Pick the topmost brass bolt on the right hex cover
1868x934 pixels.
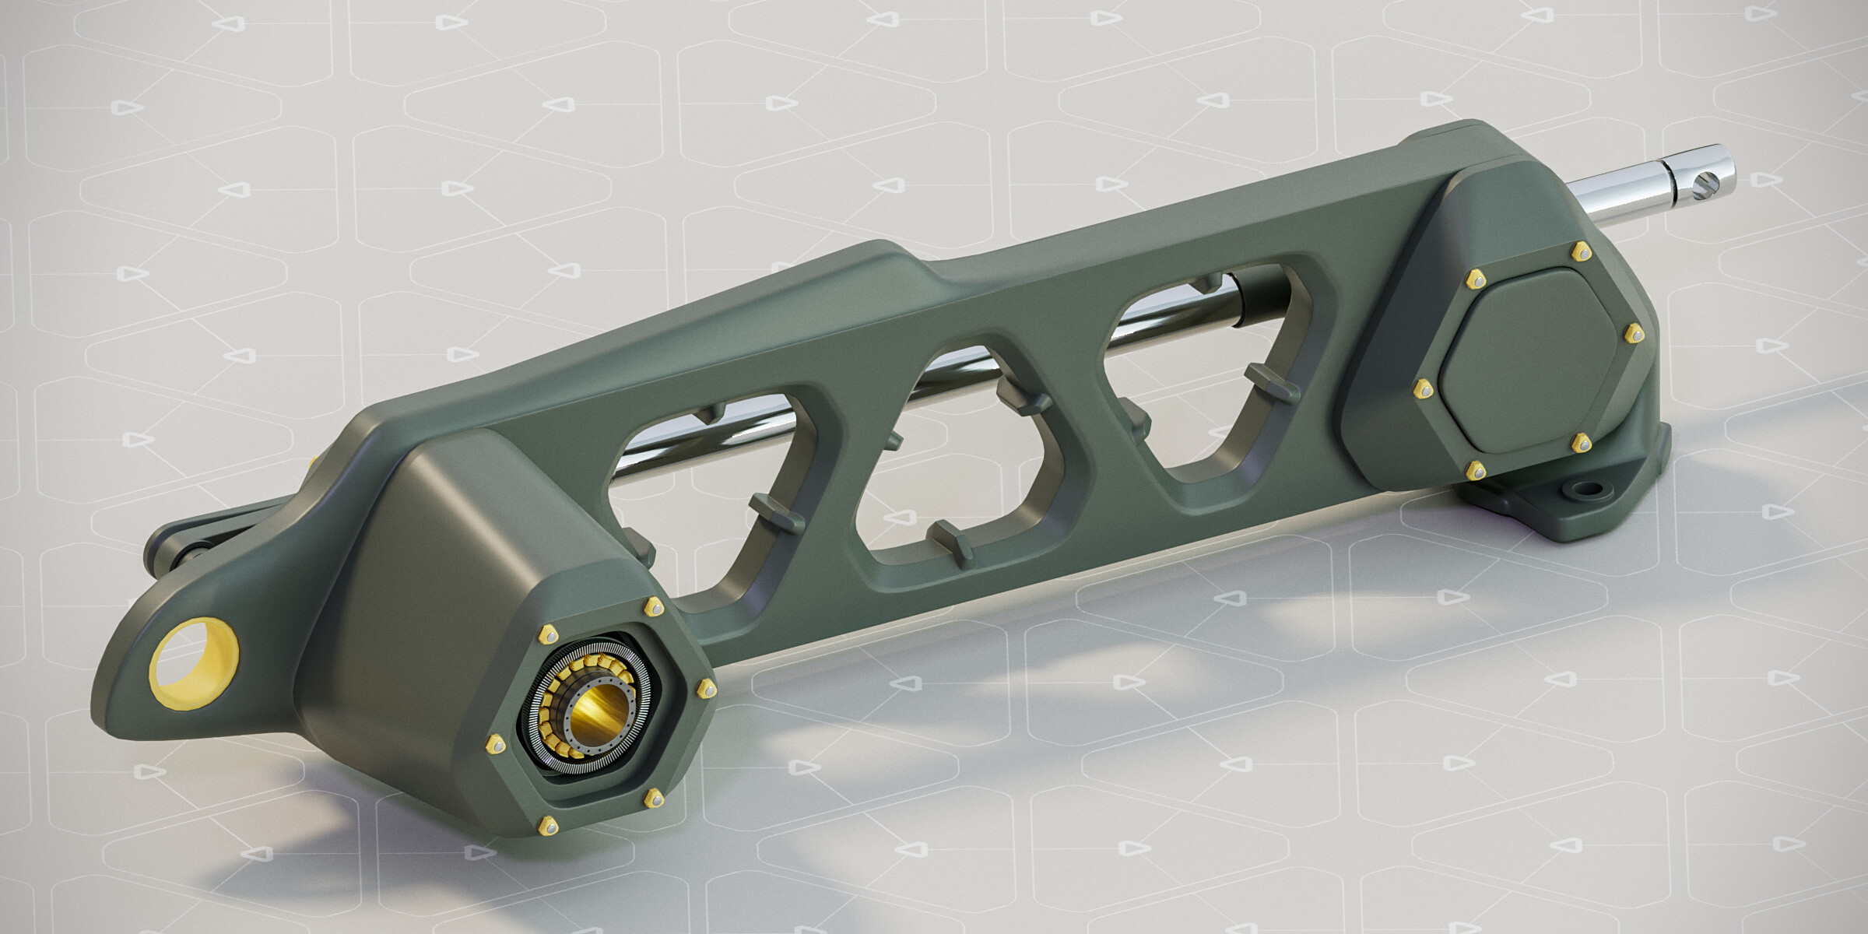(x=1558, y=251)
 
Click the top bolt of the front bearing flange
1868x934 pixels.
(x=652, y=606)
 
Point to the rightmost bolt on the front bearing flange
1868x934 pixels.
(x=707, y=687)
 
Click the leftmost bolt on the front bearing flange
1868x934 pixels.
(x=493, y=746)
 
